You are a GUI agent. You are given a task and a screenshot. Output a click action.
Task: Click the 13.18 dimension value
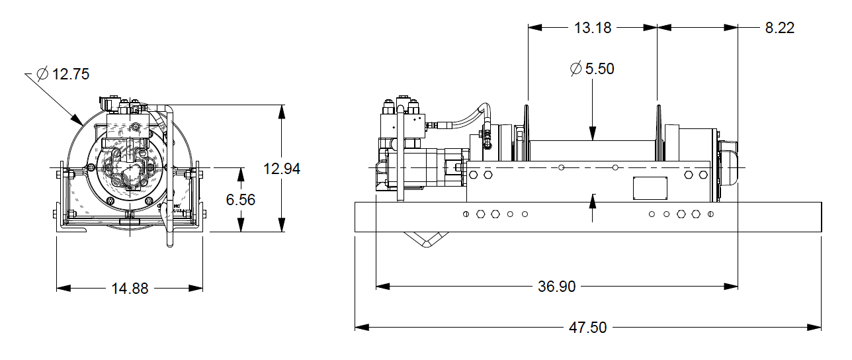(x=593, y=28)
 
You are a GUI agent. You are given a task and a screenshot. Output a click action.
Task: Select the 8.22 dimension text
(x=779, y=28)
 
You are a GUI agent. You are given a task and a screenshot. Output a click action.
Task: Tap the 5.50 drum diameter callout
(x=600, y=69)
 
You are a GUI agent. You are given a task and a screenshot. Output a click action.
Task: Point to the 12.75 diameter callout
(x=70, y=74)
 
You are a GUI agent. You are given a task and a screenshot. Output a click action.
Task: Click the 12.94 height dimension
(x=282, y=169)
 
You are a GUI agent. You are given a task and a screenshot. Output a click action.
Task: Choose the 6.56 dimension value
(x=241, y=199)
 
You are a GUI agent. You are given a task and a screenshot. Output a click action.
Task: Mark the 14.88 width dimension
(x=130, y=289)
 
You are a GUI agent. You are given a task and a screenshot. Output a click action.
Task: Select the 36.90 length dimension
(x=556, y=287)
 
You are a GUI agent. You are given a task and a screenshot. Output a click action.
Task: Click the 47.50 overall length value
(x=588, y=328)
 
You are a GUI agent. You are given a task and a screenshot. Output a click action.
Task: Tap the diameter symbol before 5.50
(x=575, y=69)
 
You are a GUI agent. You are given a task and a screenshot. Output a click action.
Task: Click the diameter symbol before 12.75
(x=42, y=74)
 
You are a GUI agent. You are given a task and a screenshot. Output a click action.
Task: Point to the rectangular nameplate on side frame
(x=650, y=189)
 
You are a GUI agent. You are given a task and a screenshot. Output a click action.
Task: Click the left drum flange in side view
(x=527, y=133)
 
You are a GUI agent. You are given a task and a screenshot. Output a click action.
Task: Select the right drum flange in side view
(x=658, y=133)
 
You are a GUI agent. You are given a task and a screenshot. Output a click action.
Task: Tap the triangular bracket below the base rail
(x=427, y=239)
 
